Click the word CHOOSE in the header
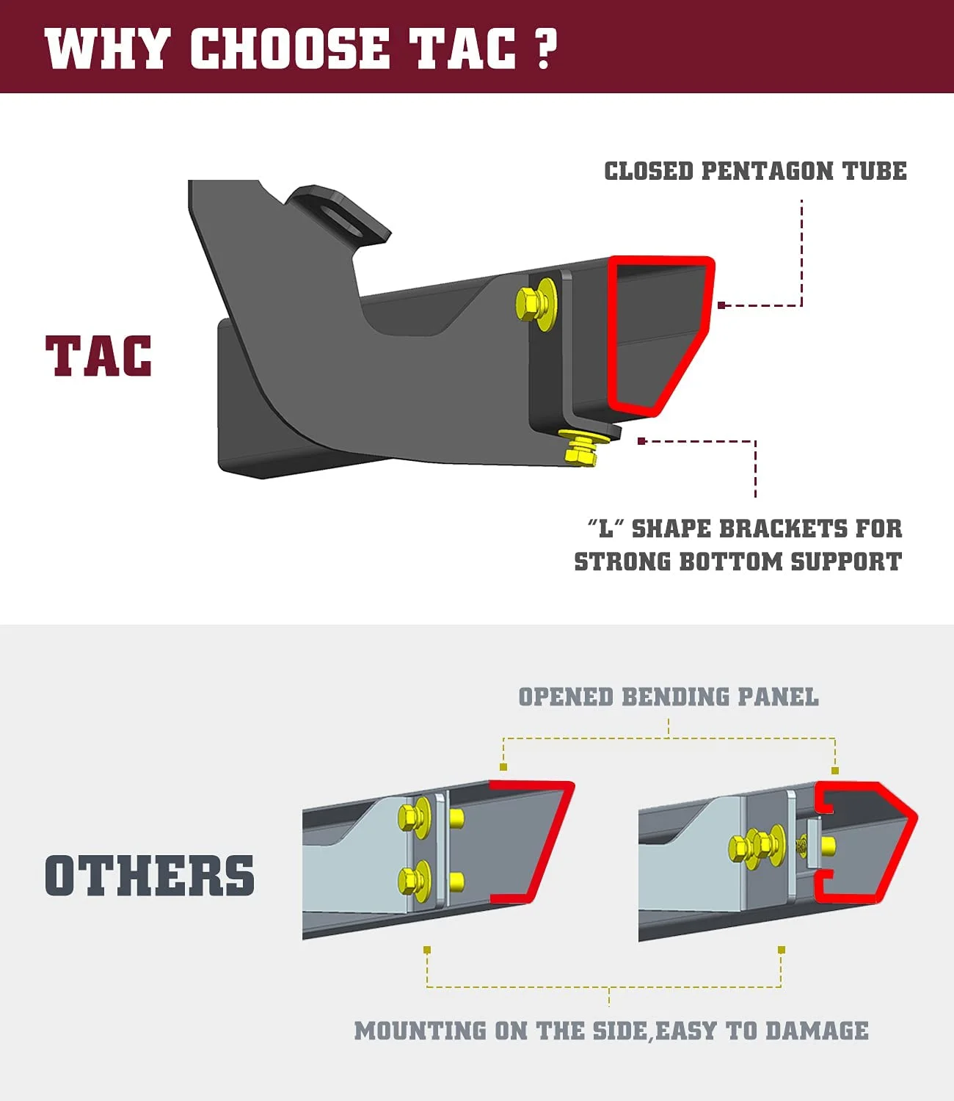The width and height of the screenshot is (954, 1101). [x=290, y=49]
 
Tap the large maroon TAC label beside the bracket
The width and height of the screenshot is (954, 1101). [x=99, y=357]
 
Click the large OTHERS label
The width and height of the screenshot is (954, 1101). [x=150, y=876]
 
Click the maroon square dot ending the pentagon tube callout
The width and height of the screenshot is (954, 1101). [x=721, y=305]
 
